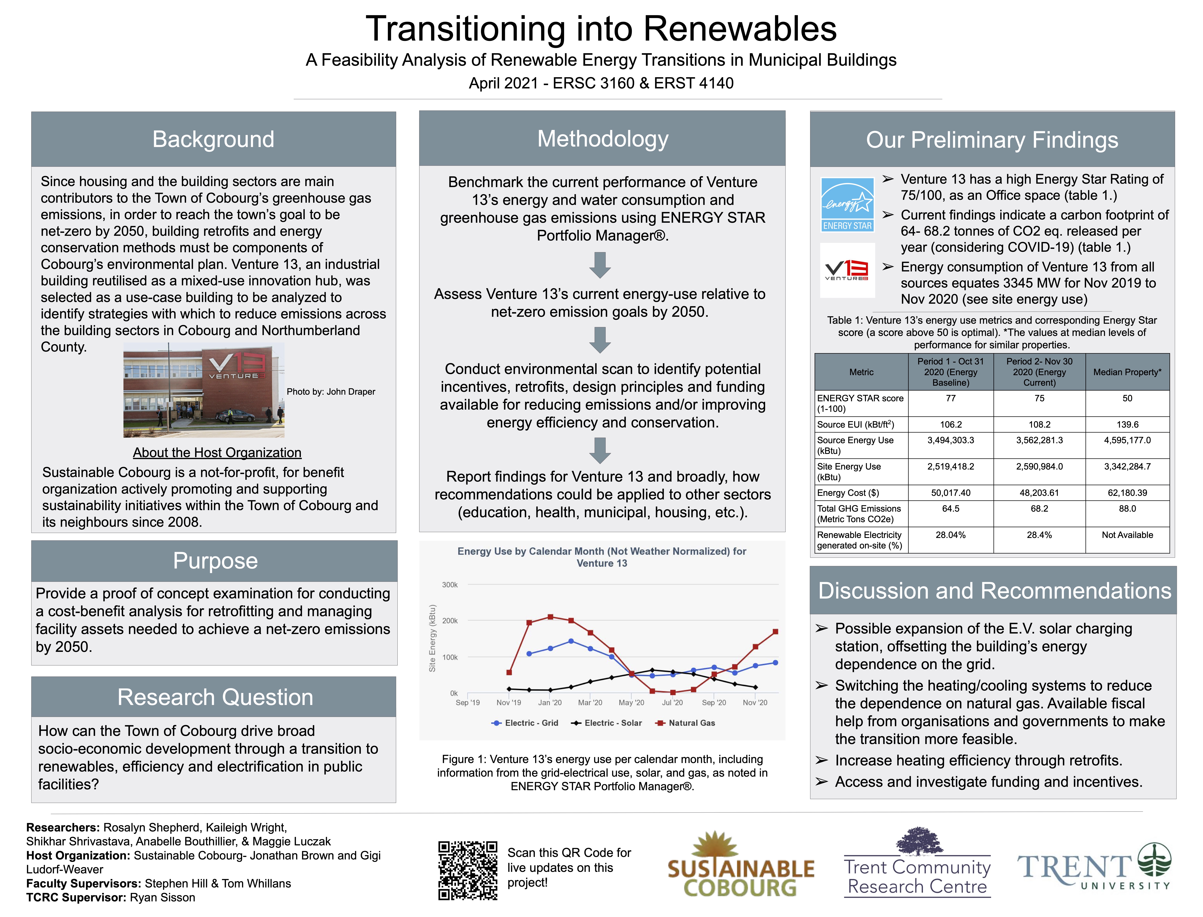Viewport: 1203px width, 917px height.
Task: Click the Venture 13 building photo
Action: click(x=204, y=390)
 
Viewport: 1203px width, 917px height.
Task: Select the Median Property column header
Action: click(x=1127, y=372)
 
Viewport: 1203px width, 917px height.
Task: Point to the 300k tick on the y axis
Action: click(x=450, y=585)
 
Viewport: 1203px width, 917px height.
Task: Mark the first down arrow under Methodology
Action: click(x=600, y=265)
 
